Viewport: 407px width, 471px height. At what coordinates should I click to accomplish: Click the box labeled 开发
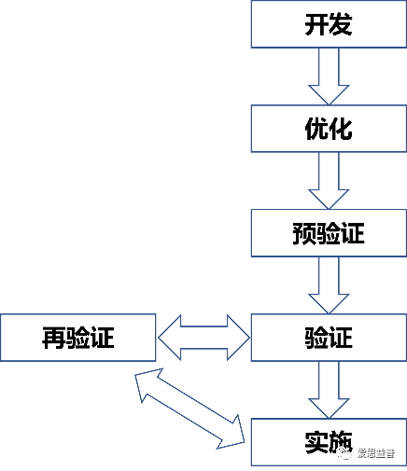pos(328,24)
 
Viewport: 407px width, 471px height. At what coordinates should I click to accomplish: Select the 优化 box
pos(328,129)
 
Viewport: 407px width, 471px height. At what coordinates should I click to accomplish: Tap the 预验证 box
pos(328,233)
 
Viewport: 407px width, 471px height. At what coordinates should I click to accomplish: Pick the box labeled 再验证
pos(77,337)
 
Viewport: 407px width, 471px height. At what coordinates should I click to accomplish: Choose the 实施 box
pos(328,442)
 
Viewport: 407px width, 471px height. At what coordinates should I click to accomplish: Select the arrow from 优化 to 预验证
pos(328,180)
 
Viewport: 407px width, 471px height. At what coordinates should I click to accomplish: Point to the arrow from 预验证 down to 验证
pos(328,284)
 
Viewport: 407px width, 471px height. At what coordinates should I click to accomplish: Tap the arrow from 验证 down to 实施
pos(328,389)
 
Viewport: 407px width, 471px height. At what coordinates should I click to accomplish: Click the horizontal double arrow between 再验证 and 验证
pos(203,337)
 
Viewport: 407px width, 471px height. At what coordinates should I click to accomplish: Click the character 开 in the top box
pos(316,25)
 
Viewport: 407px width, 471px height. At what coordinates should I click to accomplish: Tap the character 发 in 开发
pos(341,25)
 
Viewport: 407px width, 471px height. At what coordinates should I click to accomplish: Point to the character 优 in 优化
pos(316,129)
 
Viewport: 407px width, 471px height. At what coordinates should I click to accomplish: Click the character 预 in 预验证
pos(303,233)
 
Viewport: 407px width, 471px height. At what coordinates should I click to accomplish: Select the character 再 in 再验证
pos(53,338)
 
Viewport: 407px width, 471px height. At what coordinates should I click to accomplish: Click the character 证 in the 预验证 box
pos(353,233)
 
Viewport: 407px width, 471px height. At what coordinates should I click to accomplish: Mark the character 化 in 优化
pos(341,129)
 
